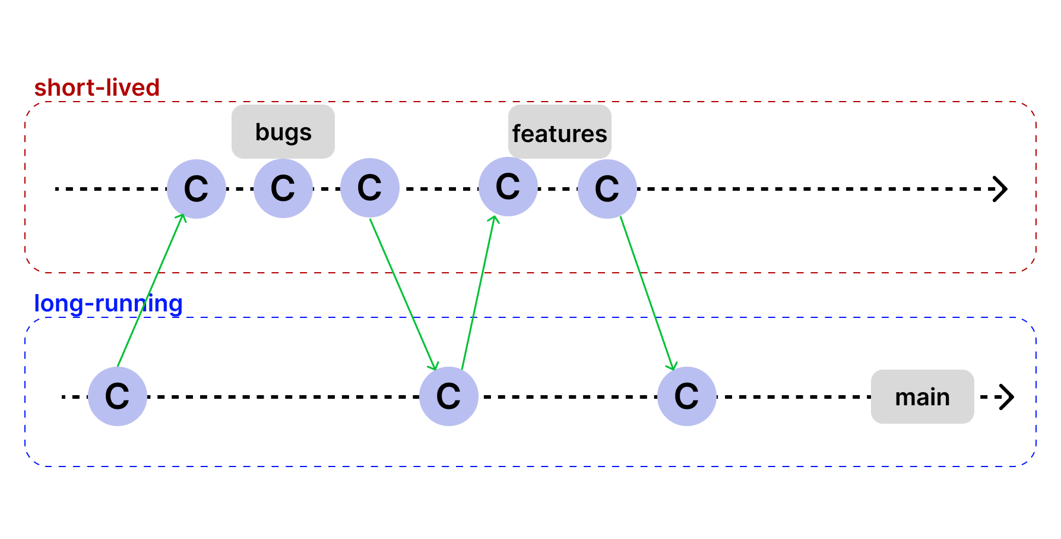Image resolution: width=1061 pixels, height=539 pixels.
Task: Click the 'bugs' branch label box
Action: click(283, 132)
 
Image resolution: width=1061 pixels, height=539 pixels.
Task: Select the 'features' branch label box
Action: click(559, 132)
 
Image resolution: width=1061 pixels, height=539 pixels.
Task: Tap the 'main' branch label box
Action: click(922, 396)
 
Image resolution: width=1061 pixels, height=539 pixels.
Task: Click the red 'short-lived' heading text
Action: click(97, 88)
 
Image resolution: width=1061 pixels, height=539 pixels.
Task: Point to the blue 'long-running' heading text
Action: click(108, 304)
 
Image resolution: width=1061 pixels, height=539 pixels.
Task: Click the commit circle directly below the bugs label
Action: click(283, 188)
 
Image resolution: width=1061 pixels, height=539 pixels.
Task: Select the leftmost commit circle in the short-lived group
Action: click(197, 188)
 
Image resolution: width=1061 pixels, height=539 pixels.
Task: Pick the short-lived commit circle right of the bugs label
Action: click(370, 188)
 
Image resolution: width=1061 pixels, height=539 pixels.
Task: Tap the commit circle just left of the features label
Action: click(508, 187)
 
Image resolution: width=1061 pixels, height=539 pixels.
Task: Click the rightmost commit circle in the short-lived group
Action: click(607, 188)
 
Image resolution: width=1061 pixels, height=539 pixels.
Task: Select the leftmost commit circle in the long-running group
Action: click(118, 396)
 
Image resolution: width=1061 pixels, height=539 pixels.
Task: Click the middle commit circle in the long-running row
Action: click(449, 396)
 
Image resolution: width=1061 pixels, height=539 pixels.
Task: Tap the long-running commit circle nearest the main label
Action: click(687, 396)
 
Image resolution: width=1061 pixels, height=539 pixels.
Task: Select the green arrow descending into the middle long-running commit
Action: click(404, 294)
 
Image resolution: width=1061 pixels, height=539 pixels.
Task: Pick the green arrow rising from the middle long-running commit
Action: click(478, 291)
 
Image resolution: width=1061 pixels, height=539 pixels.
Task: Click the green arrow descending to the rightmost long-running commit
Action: click(647, 293)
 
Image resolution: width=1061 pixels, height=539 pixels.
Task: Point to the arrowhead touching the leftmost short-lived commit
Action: click(183, 217)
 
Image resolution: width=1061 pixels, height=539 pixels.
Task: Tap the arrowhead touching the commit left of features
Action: click(493, 219)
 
